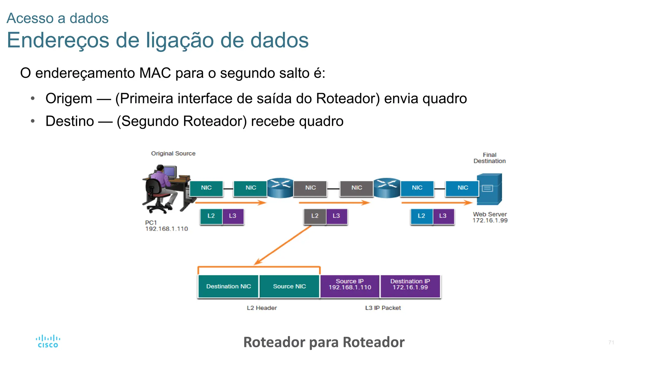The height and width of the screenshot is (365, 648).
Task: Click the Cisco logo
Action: point(48,342)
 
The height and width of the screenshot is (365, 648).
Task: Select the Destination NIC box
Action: point(228,286)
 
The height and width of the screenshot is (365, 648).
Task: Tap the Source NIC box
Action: point(289,286)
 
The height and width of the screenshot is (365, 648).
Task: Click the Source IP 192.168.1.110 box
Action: point(350,285)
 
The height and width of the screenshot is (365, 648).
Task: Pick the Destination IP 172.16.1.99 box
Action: point(410,285)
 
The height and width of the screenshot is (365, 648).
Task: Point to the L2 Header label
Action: point(262,308)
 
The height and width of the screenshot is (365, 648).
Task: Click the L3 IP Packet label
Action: point(383,308)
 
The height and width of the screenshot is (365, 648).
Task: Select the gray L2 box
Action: point(315,216)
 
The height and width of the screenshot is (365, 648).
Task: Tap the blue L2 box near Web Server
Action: point(421,216)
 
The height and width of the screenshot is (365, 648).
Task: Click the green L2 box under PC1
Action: point(211,216)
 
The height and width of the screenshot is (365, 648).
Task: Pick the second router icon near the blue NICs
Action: point(387,188)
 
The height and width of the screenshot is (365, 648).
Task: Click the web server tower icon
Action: point(489,189)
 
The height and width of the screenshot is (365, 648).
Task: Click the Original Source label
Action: point(173,154)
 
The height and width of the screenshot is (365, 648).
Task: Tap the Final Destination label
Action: point(489,158)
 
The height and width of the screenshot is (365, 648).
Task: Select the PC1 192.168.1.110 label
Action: point(166,226)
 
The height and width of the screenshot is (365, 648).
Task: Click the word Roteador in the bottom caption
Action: point(274,342)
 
